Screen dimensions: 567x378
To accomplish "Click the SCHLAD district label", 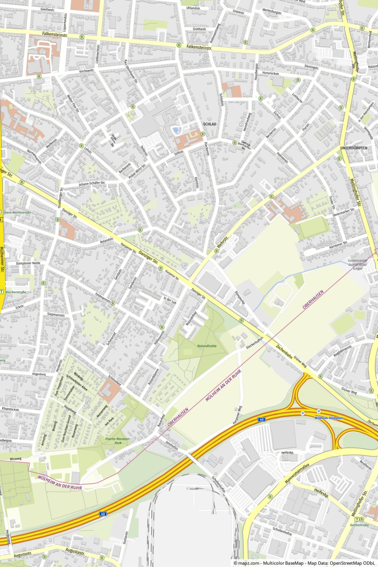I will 209,124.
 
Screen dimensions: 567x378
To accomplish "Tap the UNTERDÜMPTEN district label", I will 353,148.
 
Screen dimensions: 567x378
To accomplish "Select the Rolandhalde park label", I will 207,346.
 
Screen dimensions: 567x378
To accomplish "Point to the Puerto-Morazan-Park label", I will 118,441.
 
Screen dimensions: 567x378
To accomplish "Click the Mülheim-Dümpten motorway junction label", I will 329,418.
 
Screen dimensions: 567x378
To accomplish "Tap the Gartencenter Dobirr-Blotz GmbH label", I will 357,265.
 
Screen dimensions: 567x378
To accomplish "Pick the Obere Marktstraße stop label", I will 17,212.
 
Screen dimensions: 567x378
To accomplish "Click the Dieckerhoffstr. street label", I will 255,343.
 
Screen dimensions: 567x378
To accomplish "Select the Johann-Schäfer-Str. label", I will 92,183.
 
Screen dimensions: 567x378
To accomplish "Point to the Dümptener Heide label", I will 28,263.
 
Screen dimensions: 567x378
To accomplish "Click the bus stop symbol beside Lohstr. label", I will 81,146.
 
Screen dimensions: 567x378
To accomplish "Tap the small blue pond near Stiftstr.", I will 176,130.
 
